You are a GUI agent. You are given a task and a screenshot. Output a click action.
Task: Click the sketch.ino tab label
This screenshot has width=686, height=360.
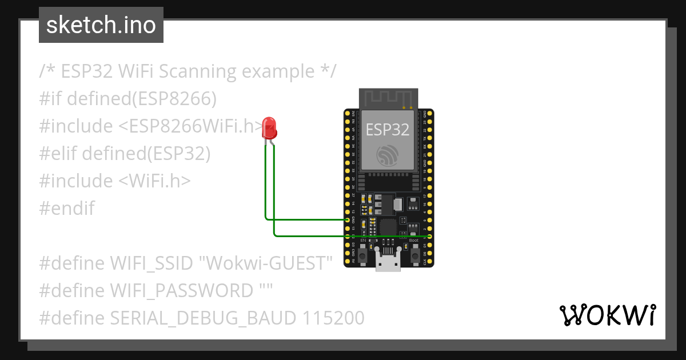point(101,25)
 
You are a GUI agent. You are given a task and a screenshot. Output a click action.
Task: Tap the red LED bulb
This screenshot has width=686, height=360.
point(269,128)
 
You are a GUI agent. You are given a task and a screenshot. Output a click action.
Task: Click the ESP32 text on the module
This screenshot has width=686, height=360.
point(388,129)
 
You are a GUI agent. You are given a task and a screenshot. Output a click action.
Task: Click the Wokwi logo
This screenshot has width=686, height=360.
point(607,315)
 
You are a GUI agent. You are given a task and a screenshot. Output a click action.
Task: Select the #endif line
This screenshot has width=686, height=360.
point(67,209)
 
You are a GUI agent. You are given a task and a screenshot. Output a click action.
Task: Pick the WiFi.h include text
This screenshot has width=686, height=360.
point(154,181)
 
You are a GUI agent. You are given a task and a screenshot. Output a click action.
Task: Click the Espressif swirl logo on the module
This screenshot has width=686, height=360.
point(388,155)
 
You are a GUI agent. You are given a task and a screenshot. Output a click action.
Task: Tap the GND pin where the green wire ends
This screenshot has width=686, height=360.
point(348,219)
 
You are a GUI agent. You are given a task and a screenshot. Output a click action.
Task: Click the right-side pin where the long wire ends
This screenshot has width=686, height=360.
point(429,236)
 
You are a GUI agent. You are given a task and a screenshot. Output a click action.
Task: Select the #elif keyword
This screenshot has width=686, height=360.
point(58,154)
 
